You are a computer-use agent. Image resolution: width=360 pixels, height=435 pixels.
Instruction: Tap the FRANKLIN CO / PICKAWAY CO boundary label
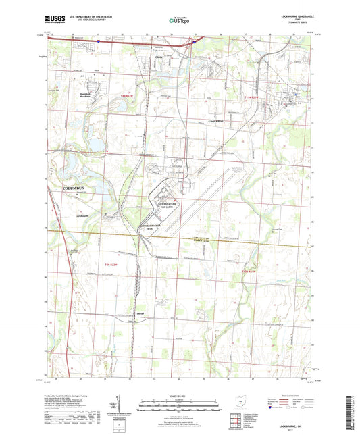213,240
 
